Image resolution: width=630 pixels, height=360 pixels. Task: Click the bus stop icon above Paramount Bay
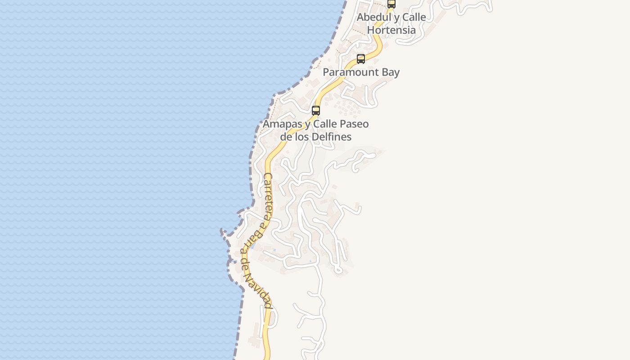[361, 59]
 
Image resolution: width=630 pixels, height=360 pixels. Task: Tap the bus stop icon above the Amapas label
[316, 111]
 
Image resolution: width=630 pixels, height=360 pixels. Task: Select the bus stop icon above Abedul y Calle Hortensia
[391, 4]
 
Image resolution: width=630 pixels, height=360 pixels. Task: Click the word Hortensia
[391, 30]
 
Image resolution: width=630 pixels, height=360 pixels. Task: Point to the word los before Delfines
[304, 137]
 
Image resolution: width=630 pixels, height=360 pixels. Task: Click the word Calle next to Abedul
[414, 17]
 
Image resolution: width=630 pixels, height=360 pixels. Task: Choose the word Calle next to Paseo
[325, 124]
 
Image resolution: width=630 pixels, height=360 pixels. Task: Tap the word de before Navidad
[245, 264]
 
